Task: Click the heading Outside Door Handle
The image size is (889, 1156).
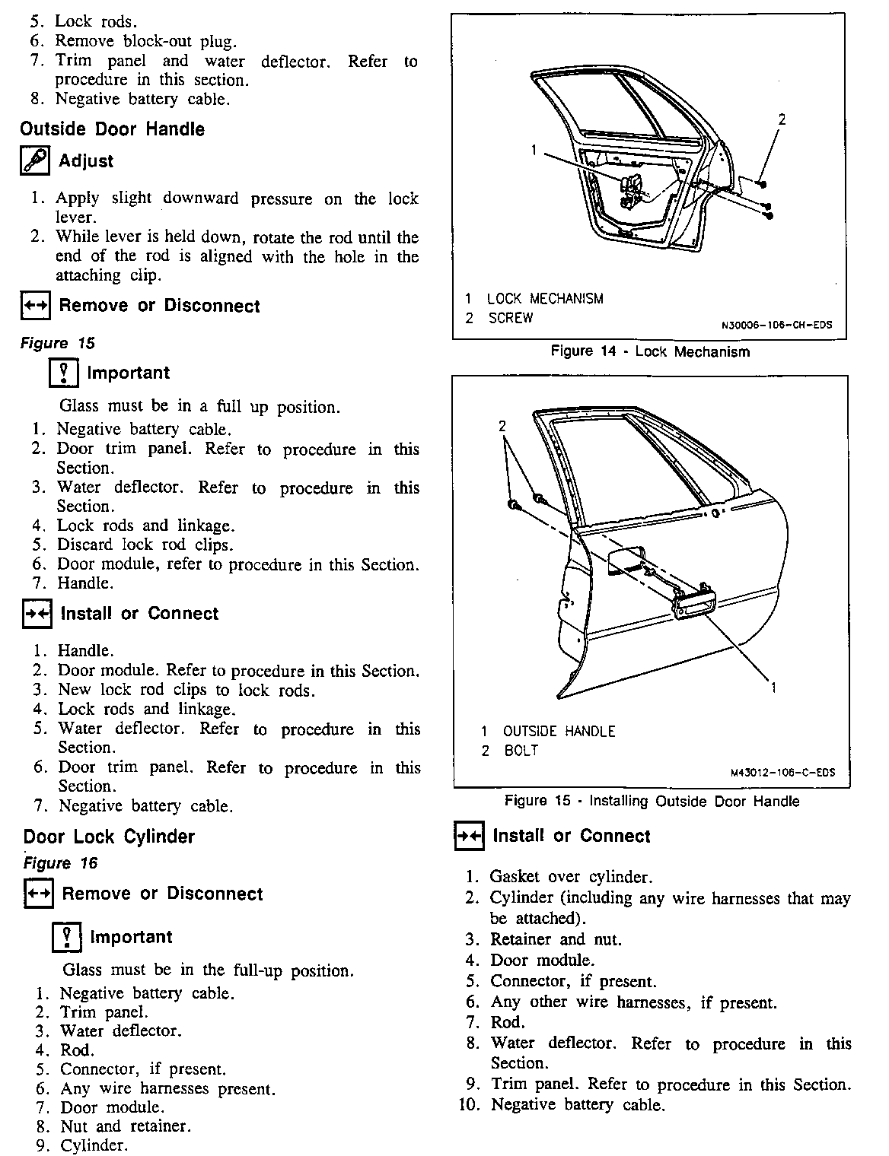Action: pyautogui.click(x=112, y=129)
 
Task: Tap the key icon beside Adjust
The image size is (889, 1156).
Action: pyautogui.click(x=35, y=161)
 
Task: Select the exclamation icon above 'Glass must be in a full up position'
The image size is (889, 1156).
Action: pyautogui.click(x=64, y=373)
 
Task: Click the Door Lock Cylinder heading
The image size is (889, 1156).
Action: pyautogui.click(x=109, y=837)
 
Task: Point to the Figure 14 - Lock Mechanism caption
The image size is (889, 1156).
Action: pyautogui.click(x=650, y=351)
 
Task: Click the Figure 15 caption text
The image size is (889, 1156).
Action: pyautogui.click(x=652, y=801)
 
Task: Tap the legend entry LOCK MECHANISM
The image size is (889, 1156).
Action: pyautogui.click(x=545, y=299)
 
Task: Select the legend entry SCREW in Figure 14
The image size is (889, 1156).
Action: pyautogui.click(x=511, y=318)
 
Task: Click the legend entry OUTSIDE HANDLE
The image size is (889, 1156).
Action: pyautogui.click(x=559, y=732)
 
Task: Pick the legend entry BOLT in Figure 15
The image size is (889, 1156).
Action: pyautogui.click(x=521, y=751)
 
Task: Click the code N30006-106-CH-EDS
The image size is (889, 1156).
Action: pyautogui.click(x=776, y=326)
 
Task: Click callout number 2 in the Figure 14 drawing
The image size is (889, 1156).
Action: pyautogui.click(x=781, y=119)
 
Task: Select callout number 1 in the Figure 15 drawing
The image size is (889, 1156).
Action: pyautogui.click(x=773, y=688)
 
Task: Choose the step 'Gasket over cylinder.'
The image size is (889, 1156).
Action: pyautogui.click(x=571, y=877)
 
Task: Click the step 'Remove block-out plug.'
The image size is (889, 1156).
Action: pyautogui.click(x=145, y=42)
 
